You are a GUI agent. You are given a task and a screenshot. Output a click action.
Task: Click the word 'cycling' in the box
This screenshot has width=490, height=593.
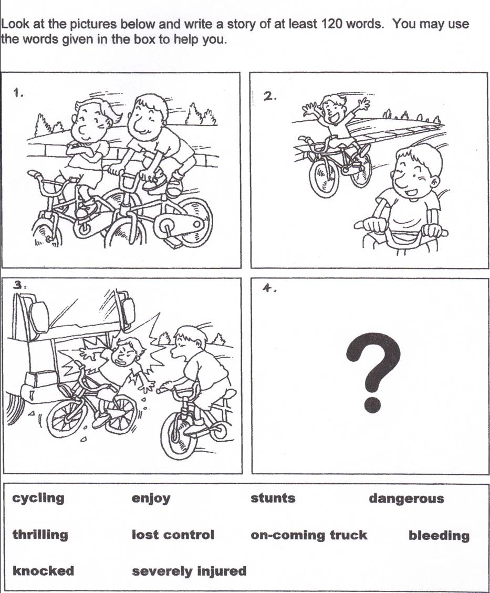click(38, 498)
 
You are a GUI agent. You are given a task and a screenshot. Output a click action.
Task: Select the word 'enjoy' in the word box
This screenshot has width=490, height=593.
click(151, 498)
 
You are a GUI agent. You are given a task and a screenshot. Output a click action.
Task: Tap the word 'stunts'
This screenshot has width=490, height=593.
click(273, 498)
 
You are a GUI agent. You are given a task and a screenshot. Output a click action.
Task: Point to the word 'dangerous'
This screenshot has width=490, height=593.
click(406, 498)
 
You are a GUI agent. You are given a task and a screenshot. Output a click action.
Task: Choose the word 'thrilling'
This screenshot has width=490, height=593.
click(40, 535)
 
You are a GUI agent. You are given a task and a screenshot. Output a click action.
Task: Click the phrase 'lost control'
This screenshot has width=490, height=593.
click(173, 535)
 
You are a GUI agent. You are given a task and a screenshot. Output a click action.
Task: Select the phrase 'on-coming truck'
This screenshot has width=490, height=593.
click(309, 535)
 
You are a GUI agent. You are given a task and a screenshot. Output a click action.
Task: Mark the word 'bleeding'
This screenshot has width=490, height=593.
click(439, 535)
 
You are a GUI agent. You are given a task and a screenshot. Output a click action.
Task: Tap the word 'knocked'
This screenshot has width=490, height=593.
click(43, 571)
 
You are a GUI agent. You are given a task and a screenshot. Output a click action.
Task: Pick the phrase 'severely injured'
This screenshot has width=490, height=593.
click(189, 571)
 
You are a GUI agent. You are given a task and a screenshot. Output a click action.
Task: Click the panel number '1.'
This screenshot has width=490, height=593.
click(18, 93)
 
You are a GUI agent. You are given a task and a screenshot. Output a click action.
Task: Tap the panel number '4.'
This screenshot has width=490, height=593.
click(269, 288)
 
